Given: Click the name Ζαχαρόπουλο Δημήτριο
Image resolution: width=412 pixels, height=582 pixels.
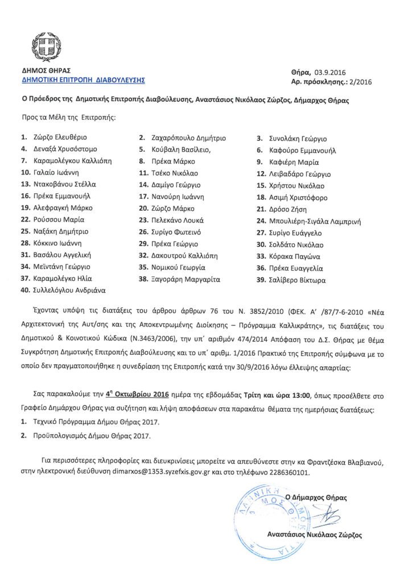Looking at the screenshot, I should tap(189, 138).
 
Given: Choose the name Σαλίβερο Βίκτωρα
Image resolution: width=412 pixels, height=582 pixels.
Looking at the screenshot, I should tap(300, 280).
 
